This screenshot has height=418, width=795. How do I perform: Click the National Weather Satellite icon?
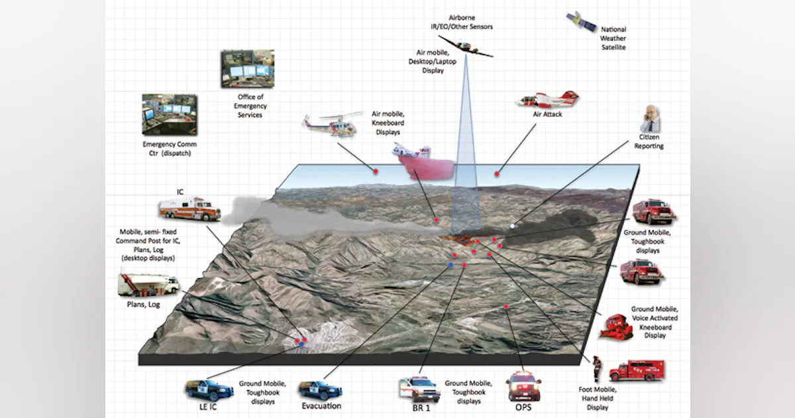tap(581, 22)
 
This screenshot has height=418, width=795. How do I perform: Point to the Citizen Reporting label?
tap(649, 141)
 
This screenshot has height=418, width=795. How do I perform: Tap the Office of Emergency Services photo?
tap(247, 68)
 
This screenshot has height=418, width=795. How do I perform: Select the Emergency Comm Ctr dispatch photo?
tap(169, 114)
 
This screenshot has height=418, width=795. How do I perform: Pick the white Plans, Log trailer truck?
tap(148, 285)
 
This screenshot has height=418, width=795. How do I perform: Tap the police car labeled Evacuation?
tap(320, 389)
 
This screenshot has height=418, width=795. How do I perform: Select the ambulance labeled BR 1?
tap(419, 389)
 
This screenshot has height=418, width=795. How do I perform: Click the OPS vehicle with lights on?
tap(523, 385)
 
